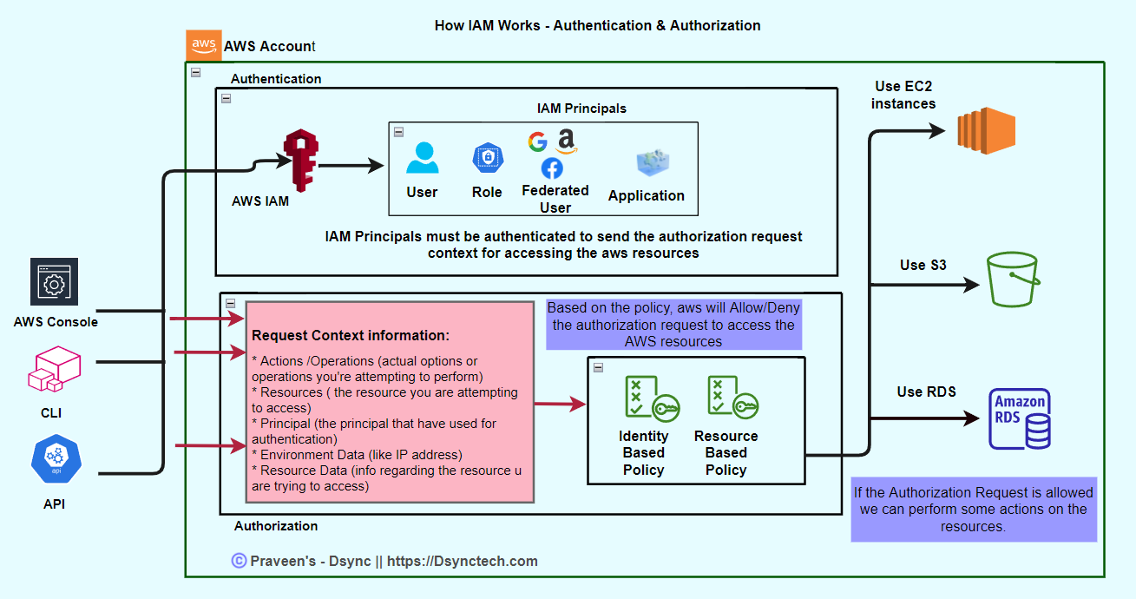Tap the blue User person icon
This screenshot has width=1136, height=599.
pos(422,158)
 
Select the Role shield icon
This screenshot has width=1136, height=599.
pos(488,158)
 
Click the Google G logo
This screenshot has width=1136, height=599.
pos(538,142)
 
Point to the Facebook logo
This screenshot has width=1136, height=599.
pos(552,168)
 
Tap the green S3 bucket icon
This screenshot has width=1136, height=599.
pos(1013,279)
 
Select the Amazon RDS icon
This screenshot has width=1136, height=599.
pos(1020,418)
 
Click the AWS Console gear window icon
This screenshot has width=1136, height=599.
pos(54,283)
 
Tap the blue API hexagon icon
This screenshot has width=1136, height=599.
pos(56,461)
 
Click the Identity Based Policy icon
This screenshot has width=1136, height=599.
pos(652,398)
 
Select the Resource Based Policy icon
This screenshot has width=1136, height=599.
pos(732,398)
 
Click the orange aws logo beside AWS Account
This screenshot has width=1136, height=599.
pos(203,44)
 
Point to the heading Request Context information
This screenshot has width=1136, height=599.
pos(351,335)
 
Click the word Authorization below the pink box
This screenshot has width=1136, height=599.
pos(276,526)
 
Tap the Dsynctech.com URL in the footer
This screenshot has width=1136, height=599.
pos(462,561)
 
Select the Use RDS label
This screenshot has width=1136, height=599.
pos(926,392)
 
